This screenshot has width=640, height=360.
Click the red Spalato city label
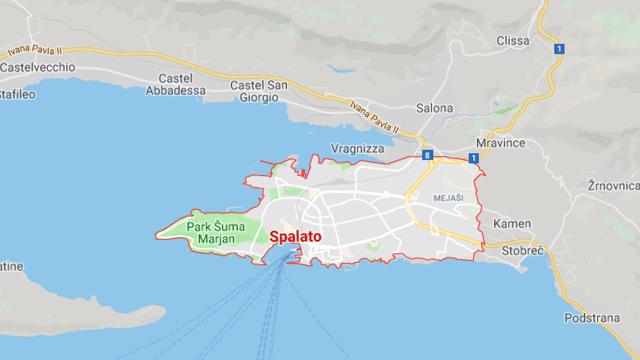[x=301, y=239]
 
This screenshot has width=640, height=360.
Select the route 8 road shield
[x=429, y=157]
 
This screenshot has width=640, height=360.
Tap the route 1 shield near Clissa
[x=558, y=48]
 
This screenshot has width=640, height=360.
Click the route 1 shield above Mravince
[x=473, y=159]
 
